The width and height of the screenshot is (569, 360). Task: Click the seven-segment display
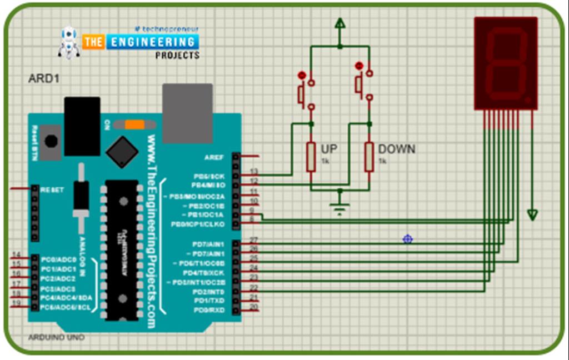[x=506, y=63]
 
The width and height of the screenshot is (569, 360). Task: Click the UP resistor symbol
[x=311, y=156]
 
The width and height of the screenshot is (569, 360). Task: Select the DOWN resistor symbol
[x=369, y=156]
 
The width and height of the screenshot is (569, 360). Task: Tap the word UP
[x=329, y=149]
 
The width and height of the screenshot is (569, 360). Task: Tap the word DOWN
[x=396, y=149]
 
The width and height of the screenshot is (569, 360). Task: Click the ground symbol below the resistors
[x=340, y=208]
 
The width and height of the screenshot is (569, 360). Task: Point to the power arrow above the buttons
[x=340, y=23]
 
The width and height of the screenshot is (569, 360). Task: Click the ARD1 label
[x=43, y=79]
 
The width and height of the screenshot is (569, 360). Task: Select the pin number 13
[x=254, y=171]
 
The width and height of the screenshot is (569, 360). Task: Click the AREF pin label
[x=214, y=157]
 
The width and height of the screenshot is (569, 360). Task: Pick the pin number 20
[x=253, y=307]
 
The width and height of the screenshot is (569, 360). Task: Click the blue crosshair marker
[x=407, y=239]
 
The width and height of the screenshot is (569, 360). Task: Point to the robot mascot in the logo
[x=69, y=42]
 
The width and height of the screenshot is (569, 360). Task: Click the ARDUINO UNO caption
[x=56, y=337]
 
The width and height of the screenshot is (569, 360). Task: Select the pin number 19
[x=16, y=303]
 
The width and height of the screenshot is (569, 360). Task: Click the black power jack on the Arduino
[x=82, y=126]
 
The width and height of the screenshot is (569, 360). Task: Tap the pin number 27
[x=253, y=240]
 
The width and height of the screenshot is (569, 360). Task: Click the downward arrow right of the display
[x=532, y=214]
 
